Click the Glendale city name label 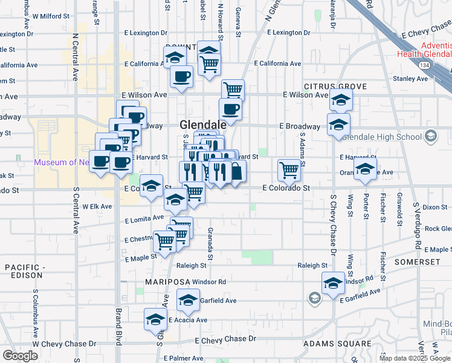coord(203,124)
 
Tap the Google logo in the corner coord(20,356)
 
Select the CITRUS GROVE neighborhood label coord(335,87)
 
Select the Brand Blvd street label coord(118,327)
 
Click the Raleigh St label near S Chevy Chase coord(312,265)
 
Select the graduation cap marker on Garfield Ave coord(188,299)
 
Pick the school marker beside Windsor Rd coord(333,283)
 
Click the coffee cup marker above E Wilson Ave coord(181,76)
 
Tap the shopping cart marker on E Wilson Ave coord(233,90)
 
